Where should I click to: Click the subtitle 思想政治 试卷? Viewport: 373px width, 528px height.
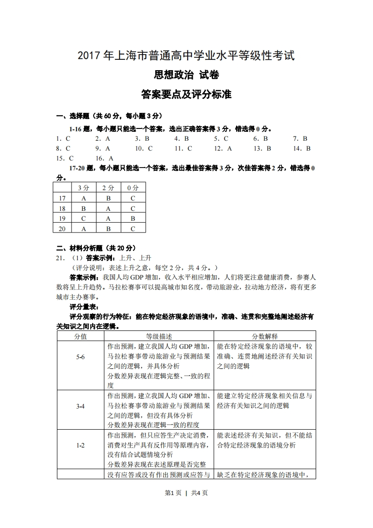coord(186,75)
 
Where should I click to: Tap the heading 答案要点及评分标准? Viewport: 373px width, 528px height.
coord(186,94)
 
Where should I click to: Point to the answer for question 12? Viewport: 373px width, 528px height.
coord(230,148)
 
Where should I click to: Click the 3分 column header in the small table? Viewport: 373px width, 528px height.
coord(84,187)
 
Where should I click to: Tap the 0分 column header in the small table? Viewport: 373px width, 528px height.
coord(133,187)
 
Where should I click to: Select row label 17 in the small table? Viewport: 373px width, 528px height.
coord(62,198)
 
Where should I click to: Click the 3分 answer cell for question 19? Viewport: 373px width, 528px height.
coord(84,218)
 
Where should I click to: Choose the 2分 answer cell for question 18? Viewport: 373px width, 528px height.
coord(108,208)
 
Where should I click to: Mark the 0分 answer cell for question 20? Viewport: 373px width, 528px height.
coord(133,229)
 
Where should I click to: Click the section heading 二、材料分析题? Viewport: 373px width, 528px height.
coord(96,248)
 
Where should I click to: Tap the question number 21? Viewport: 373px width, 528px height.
coord(60,257)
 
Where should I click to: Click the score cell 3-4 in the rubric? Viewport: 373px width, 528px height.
coord(80,406)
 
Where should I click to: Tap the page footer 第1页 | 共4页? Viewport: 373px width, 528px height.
coord(186,493)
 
